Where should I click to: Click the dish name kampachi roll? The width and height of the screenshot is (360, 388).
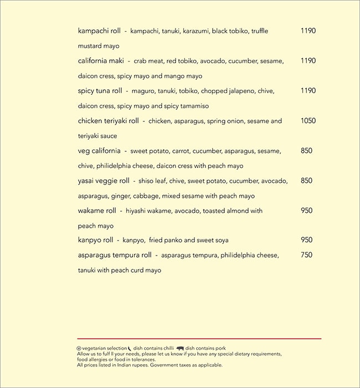pos(99,31)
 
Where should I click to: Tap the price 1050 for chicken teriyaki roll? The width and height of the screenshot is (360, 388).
pos(308,121)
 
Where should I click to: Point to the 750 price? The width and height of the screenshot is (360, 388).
pos(306,256)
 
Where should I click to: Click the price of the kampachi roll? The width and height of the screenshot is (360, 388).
pos(308,31)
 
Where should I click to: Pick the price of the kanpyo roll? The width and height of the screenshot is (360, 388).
pos(306,241)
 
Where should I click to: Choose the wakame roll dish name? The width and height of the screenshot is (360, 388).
pos(97,211)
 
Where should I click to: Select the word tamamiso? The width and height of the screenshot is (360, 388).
pos(194,106)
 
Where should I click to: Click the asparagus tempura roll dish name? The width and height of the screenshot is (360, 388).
pos(115,256)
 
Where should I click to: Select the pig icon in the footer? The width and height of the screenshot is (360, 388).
pos(180,348)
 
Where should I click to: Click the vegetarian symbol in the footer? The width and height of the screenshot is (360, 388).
pos(79,348)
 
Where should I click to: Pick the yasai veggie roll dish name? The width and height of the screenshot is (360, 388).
pos(104,181)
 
